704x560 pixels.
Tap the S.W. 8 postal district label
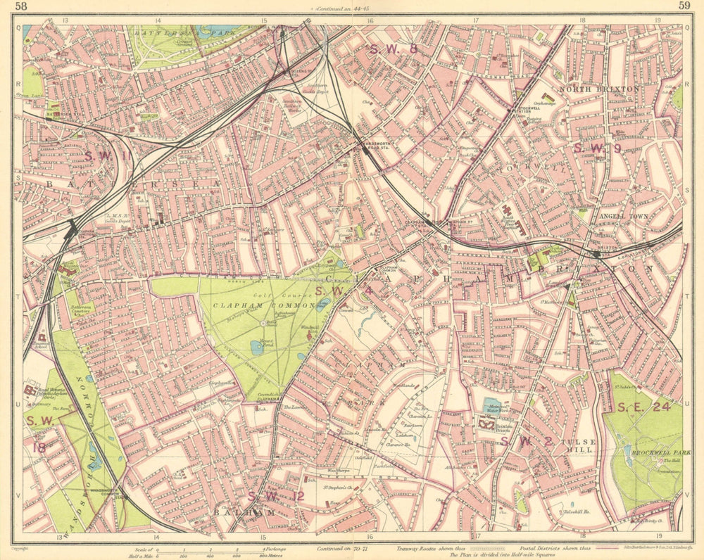(394, 49)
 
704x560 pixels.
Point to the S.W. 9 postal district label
(597, 148)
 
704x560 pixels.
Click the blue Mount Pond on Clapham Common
(256, 347)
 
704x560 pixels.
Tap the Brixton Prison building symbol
(487, 423)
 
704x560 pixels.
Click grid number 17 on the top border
(477, 20)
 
